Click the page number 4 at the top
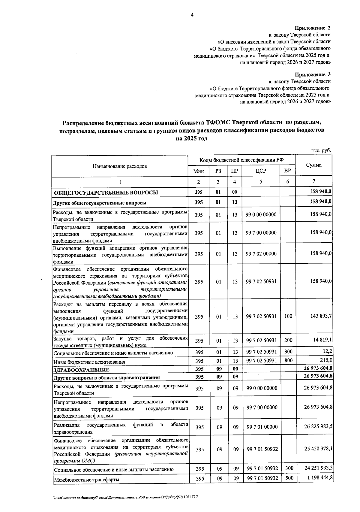coord(192,15)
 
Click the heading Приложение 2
coord(312,28)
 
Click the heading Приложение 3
coord(312,74)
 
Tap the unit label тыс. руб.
coord(321,151)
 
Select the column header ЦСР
coord(261,171)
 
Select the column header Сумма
coord(313,165)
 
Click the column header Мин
coord(198,171)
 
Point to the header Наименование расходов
coord(120,166)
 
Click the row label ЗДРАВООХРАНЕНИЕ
coord(81,370)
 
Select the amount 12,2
coord(327,351)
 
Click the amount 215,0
coord(326,360)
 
